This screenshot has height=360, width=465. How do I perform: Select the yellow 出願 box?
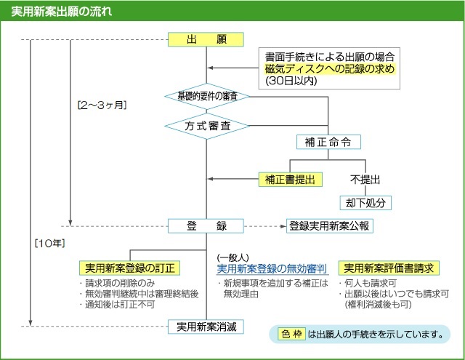pyautogui.click(x=206, y=39)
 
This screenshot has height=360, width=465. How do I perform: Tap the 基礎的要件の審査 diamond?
pyautogui.click(x=206, y=96)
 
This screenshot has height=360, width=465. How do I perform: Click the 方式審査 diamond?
pyautogui.click(x=206, y=125)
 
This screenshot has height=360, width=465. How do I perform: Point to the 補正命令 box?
pyautogui.click(x=328, y=141)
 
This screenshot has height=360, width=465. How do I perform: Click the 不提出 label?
pyautogui.click(x=365, y=178)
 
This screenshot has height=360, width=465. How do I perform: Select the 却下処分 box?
pyautogui.click(x=365, y=201)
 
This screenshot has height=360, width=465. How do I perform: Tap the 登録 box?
pyautogui.click(x=206, y=225)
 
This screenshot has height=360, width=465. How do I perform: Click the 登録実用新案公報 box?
pyautogui.click(x=329, y=225)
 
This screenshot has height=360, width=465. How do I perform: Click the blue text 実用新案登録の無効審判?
pyautogui.click(x=272, y=268)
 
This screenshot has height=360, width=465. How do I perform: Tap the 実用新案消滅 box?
pyautogui.click(x=206, y=327)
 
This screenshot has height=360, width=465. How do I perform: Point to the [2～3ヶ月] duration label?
pyautogui.click(x=102, y=105)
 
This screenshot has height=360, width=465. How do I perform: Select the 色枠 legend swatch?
pyautogui.click(x=290, y=335)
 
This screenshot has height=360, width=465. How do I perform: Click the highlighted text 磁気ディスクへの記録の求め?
pyautogui.click(x=329, y=68)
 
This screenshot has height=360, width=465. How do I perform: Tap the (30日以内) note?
pyautogui.click(x=291, y=81)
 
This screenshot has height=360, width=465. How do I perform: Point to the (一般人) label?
pyautogui.click(x=233, y=257)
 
